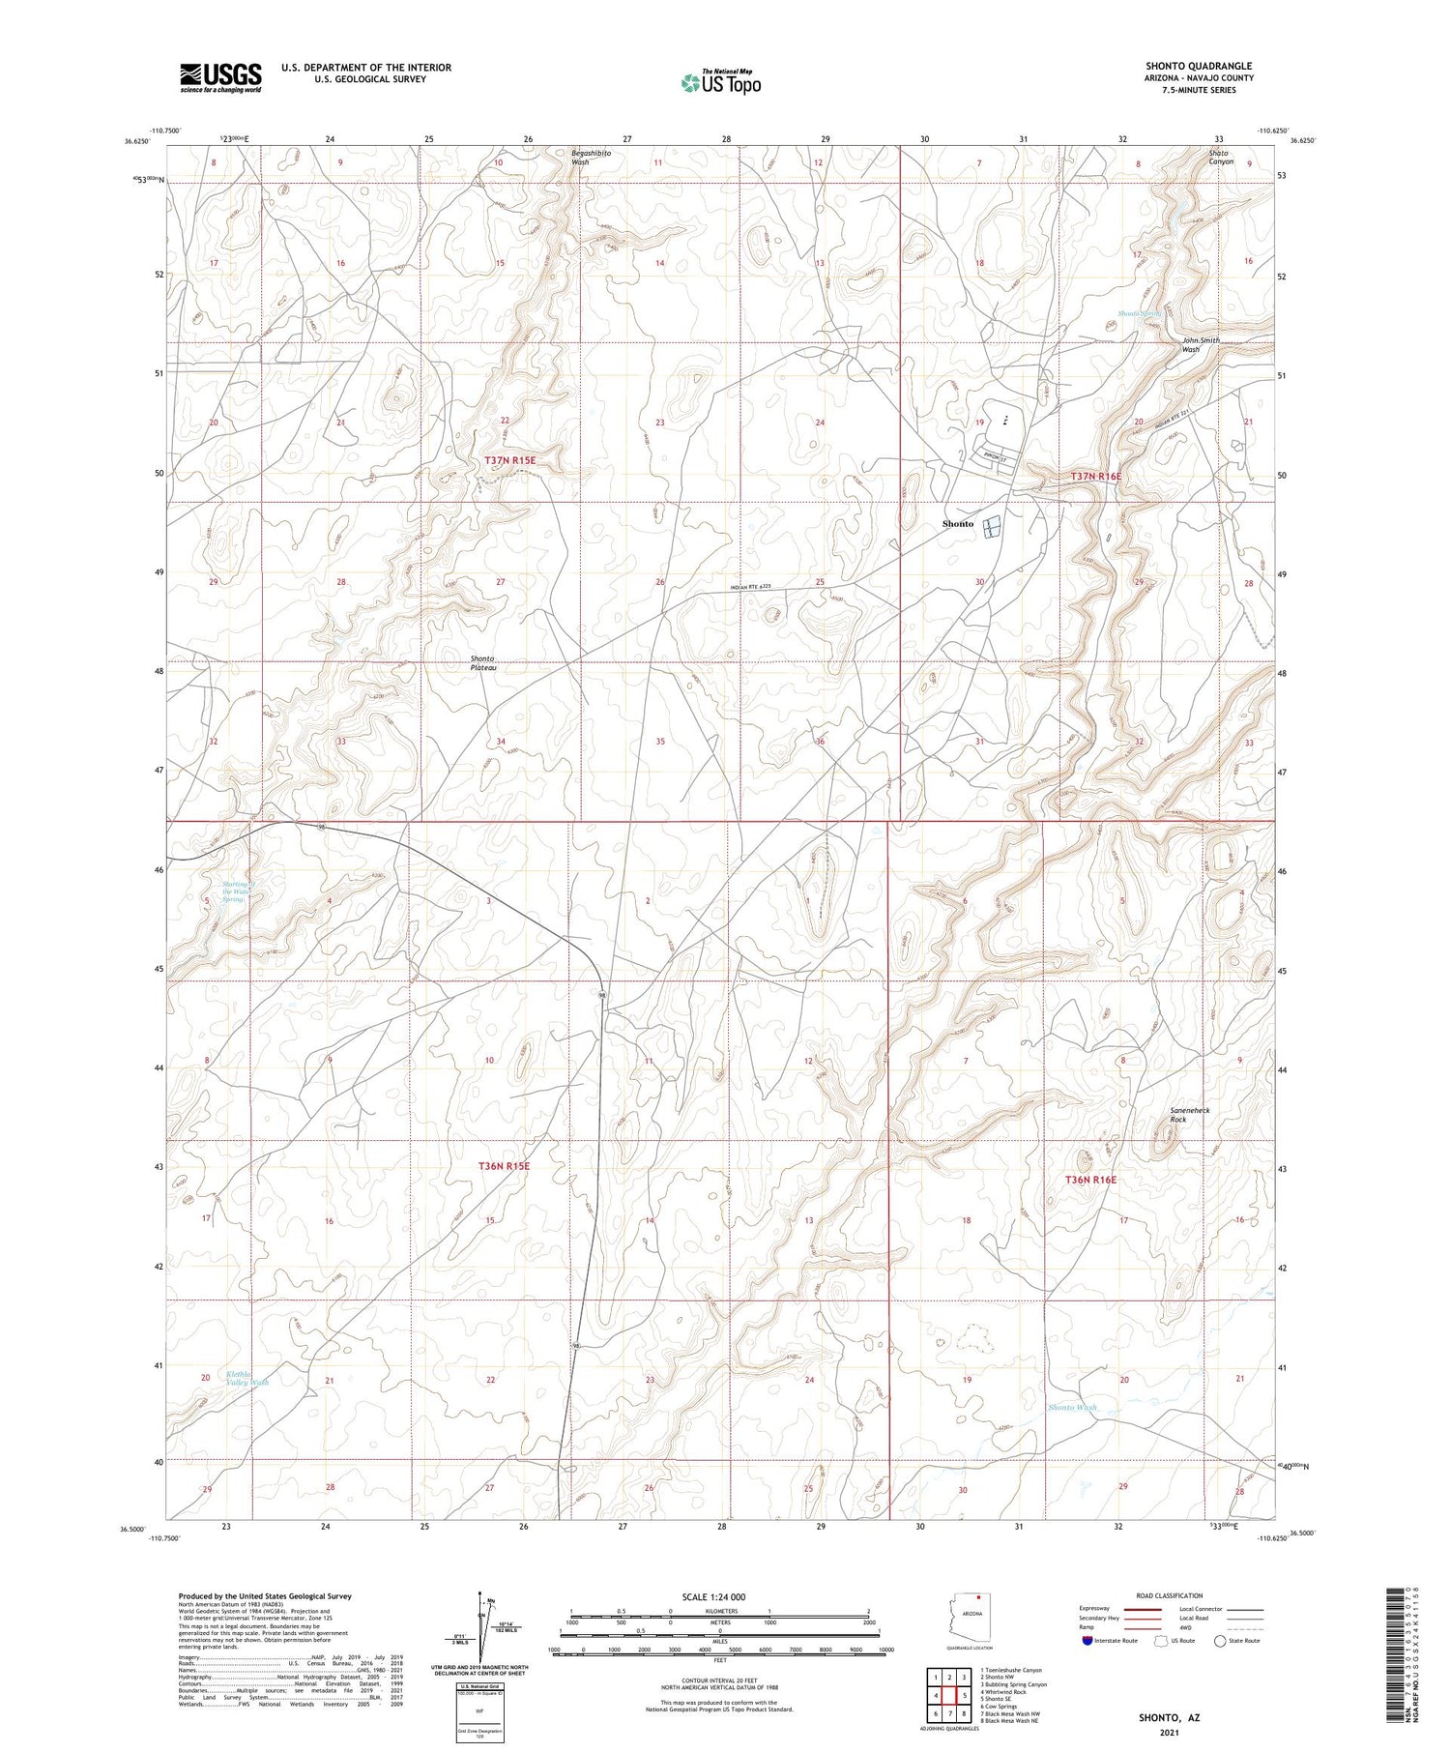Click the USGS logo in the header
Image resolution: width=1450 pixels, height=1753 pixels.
click(x=220, y=77)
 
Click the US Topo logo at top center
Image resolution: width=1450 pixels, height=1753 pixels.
click(x=720, y=83)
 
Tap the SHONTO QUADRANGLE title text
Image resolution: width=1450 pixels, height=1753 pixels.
click(x=1198, y=66)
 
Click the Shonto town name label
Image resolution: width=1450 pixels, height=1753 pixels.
click(x=957, y=524)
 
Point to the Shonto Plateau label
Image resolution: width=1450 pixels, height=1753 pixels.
click(x=483, y=663)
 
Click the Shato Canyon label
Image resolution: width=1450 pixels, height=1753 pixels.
click(x=1220, y=158)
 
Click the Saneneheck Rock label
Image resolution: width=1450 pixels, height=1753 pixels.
click(x=1189, y=1115)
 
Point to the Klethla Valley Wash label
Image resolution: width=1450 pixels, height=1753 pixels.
click(x=246, y=1378)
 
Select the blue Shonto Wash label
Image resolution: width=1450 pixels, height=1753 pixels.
click(x=1073, y=1408)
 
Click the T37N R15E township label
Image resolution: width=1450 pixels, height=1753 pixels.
click(x=509, y=461)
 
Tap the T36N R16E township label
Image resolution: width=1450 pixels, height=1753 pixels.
click(x=1090, y=1180)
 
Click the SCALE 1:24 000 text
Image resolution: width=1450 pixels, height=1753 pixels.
click(x=713, y=1596)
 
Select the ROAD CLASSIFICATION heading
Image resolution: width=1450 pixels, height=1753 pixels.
click(x=1170, y=1595)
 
